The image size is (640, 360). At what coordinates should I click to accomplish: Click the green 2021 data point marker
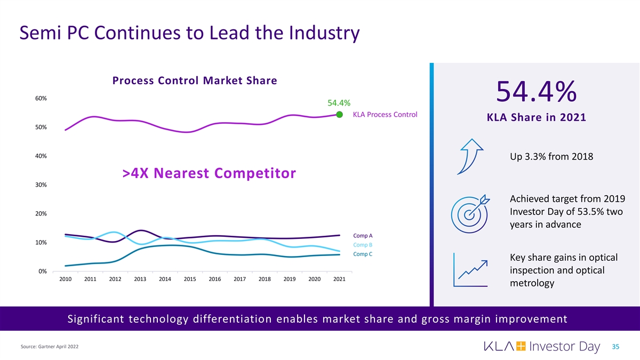(x=339, y=114)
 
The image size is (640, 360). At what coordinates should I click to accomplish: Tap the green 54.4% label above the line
(x=335, y=103)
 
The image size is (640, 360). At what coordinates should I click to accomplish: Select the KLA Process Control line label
(x=385, y=115)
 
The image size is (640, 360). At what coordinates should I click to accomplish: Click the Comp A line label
(x=363, y=235)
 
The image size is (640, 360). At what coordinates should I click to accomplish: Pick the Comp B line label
(x=363, y=245)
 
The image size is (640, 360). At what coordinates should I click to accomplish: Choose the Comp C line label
(x=363, y=254)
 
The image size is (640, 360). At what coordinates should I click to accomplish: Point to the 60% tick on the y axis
(x=41, y=99)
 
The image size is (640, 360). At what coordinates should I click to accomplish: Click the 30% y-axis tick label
(x=41, y=185)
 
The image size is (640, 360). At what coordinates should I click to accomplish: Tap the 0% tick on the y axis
(x=43, y=271)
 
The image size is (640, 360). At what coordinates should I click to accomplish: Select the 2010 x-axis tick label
(x=66, y=279)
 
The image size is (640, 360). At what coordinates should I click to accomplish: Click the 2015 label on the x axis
(x=190, y=279)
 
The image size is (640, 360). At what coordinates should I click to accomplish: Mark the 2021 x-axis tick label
(x=339, y=279)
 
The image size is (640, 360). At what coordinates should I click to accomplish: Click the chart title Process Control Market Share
(x=195, y=81)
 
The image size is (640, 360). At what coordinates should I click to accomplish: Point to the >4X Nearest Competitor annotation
(x=209, y=173)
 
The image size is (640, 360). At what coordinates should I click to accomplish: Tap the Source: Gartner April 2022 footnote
(x=49, y=347)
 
